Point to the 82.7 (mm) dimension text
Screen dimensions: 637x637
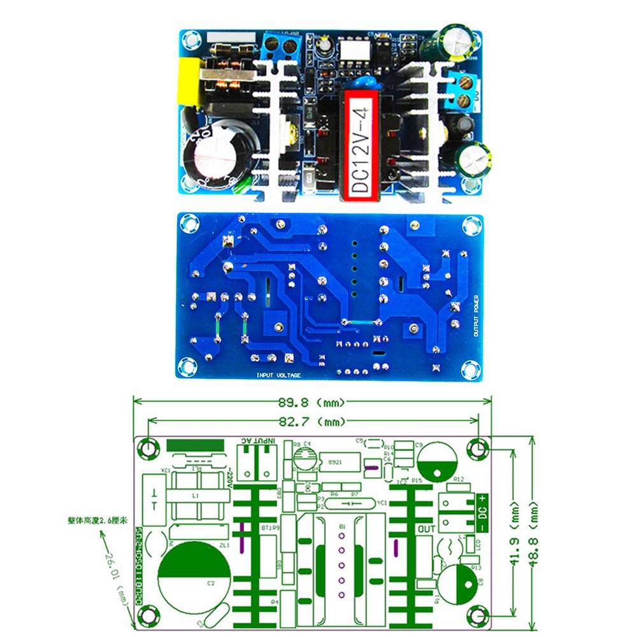click(313, 422)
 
